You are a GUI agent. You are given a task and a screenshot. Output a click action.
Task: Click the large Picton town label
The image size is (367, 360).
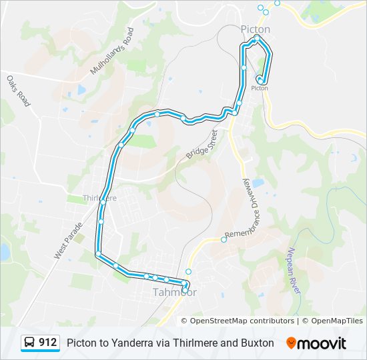coord(255,29)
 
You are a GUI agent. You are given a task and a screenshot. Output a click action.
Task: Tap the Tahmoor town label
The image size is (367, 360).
coord(175,292)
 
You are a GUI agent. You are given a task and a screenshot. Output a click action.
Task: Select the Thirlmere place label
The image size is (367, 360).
coord(99,198)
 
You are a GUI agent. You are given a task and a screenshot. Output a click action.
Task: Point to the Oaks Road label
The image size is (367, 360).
coord(19,91)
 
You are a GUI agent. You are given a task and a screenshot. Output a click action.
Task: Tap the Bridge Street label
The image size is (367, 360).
coord(202,145)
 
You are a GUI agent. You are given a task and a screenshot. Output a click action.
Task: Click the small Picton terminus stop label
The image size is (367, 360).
coord(260,88)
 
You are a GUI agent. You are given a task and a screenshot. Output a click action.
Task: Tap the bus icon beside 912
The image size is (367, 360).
coord(30,343)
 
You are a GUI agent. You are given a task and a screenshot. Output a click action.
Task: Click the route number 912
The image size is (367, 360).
coord(47,343)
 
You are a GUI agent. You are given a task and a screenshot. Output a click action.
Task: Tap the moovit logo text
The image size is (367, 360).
coord(323,343)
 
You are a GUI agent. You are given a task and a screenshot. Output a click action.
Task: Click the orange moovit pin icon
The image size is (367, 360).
coord(291,343)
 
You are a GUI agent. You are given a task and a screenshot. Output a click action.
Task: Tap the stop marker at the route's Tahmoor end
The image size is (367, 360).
coord(185,285)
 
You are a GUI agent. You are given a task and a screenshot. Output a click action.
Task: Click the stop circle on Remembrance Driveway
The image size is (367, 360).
coord(224,240)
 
